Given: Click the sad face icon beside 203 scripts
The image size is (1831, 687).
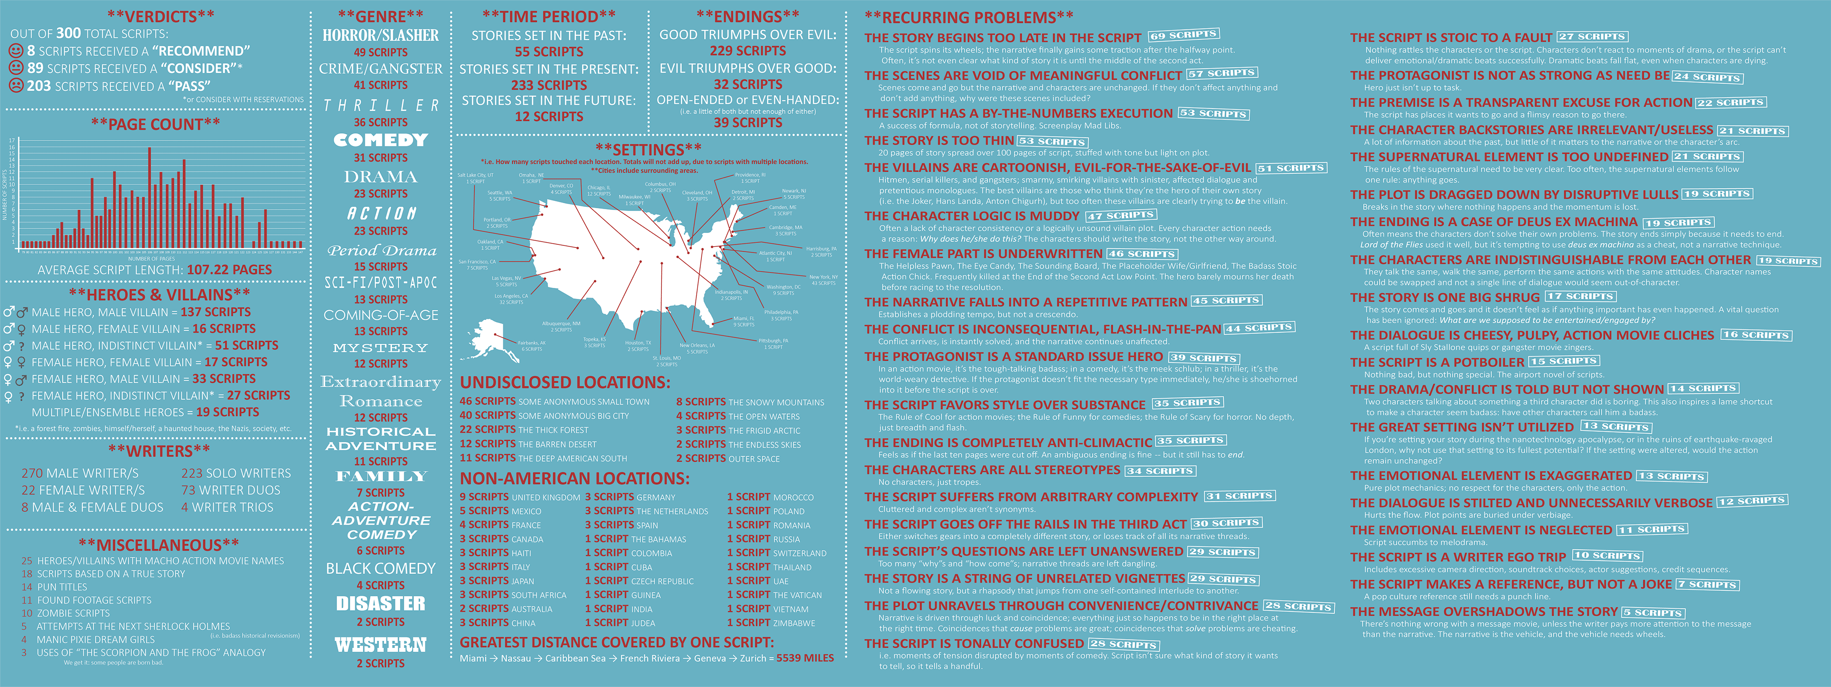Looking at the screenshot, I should tap(16, 85).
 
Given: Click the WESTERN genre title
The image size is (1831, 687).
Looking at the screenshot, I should tap(380, 645).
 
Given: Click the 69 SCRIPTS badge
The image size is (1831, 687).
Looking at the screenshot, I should tap(1183, 35).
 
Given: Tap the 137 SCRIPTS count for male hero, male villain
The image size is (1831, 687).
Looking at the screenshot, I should tap(215, 312).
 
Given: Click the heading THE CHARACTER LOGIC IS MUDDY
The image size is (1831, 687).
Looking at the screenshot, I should tap(972, 216).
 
